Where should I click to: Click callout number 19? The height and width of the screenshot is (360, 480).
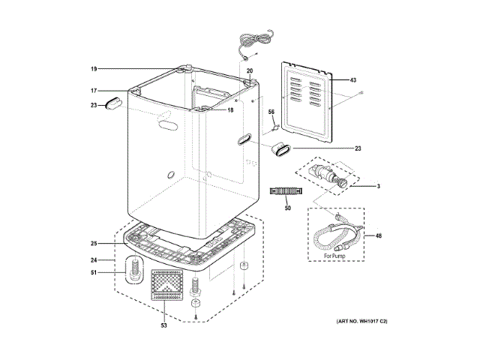point(94,69)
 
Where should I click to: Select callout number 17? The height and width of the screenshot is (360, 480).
point(94,91)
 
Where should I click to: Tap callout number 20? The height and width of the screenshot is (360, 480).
point(250,70)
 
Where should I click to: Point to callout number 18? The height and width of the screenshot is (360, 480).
point(230,110)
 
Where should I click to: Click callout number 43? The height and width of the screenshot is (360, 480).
point(352,80)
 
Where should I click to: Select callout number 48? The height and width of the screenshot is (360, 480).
point(378,236)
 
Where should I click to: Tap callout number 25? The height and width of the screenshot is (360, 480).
point(94,243)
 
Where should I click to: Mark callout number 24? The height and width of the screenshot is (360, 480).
point(94,260)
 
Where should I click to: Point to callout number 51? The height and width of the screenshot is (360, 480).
point(94,273)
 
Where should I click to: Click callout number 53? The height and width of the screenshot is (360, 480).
point(163,325)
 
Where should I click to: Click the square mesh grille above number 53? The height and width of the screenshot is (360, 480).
point(168,285)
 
